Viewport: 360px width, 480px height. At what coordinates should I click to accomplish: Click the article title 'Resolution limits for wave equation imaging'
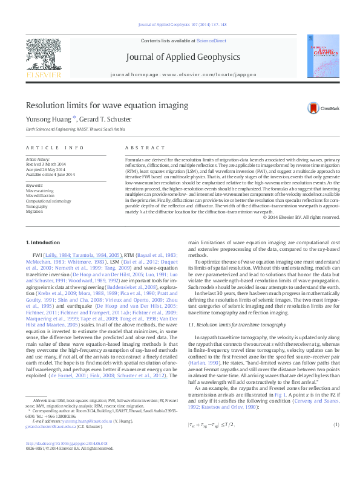click(106, 106)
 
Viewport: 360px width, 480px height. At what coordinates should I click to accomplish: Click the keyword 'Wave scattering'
click(41, 190)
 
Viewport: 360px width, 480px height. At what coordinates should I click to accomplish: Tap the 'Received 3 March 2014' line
click(50, 164)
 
